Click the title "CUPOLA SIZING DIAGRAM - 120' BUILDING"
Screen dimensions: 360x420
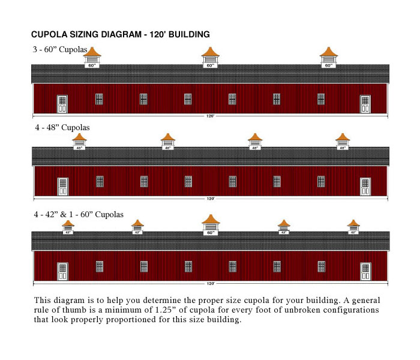[120, 35]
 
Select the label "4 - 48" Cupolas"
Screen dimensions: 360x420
[61, 128]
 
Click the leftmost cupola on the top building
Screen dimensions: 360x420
[92, 58]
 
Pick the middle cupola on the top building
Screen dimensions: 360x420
[210, 58]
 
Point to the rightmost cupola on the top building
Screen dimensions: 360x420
[328, 58]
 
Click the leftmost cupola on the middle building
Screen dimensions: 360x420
[79, 141]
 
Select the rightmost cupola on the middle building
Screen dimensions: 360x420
[343, 141]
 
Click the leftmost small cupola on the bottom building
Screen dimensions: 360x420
[68, 226]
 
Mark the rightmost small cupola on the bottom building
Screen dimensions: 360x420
[353, 226]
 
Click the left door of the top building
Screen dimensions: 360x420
[62, 104]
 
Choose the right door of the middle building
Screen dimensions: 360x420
[365, 187]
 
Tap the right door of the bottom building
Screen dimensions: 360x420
[365, 271]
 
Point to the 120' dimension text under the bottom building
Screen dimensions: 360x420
[210, 283]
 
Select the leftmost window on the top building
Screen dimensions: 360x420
[99, 99]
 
